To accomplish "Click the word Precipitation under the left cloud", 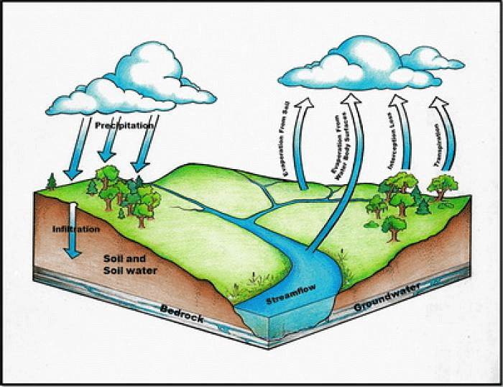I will (124, 125).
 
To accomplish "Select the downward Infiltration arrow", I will (73, 230).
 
